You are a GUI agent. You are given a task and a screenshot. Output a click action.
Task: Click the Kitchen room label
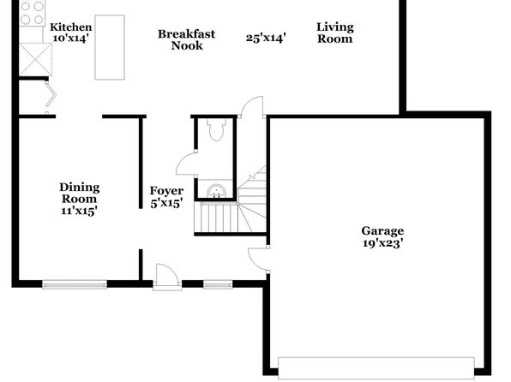70,27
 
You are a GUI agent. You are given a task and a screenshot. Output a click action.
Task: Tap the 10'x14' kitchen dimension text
70,38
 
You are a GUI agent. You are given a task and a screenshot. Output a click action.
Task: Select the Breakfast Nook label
186,39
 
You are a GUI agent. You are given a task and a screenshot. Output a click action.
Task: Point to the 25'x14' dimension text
266,38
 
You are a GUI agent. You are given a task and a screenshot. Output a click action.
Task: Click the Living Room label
335,33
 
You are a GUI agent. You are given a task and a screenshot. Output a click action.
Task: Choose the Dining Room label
79,193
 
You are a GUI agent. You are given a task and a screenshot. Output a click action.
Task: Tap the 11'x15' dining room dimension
79,211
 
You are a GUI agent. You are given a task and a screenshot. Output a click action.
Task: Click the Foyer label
166,191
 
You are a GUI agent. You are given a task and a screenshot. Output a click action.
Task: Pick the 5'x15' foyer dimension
166,203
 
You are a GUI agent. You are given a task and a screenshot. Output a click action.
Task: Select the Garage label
382,231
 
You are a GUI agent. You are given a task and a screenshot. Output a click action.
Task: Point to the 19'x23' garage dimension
383,243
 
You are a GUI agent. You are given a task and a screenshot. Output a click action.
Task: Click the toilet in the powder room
216,129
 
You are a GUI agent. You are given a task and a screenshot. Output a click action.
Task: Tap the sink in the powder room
216,191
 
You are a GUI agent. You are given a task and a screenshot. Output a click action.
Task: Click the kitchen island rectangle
110,47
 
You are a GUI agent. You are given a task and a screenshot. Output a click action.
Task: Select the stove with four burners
32,13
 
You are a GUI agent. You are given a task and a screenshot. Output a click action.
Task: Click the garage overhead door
376,368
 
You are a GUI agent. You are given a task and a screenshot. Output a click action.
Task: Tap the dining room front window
75,285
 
